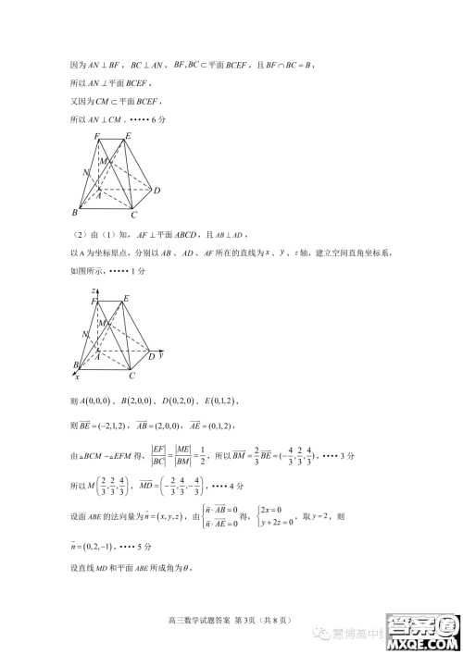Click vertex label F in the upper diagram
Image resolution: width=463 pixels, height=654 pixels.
(97, 138)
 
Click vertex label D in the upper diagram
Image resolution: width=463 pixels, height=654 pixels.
(157, 191)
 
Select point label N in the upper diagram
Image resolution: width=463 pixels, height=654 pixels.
(85, 173)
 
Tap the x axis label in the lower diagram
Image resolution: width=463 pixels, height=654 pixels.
(77, 376)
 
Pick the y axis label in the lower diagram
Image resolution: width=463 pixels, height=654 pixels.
(161, 354)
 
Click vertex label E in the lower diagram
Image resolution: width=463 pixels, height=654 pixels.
(126, 298)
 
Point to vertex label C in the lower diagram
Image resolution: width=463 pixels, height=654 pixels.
(132, 376)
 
